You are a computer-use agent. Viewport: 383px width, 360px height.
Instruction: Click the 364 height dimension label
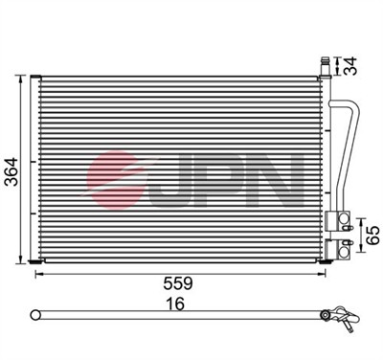tap(12, 171)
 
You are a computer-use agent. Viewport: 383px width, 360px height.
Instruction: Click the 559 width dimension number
tap(178, 283)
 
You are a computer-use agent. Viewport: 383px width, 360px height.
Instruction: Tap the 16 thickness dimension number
tap(175, 304)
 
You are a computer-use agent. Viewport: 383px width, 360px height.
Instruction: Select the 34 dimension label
tap(351, 66)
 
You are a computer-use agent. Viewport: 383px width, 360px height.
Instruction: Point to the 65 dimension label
tap(372, 236)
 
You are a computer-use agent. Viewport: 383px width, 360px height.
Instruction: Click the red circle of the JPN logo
tap(115, 180)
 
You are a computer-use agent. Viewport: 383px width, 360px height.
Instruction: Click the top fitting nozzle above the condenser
tap(325, 66)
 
